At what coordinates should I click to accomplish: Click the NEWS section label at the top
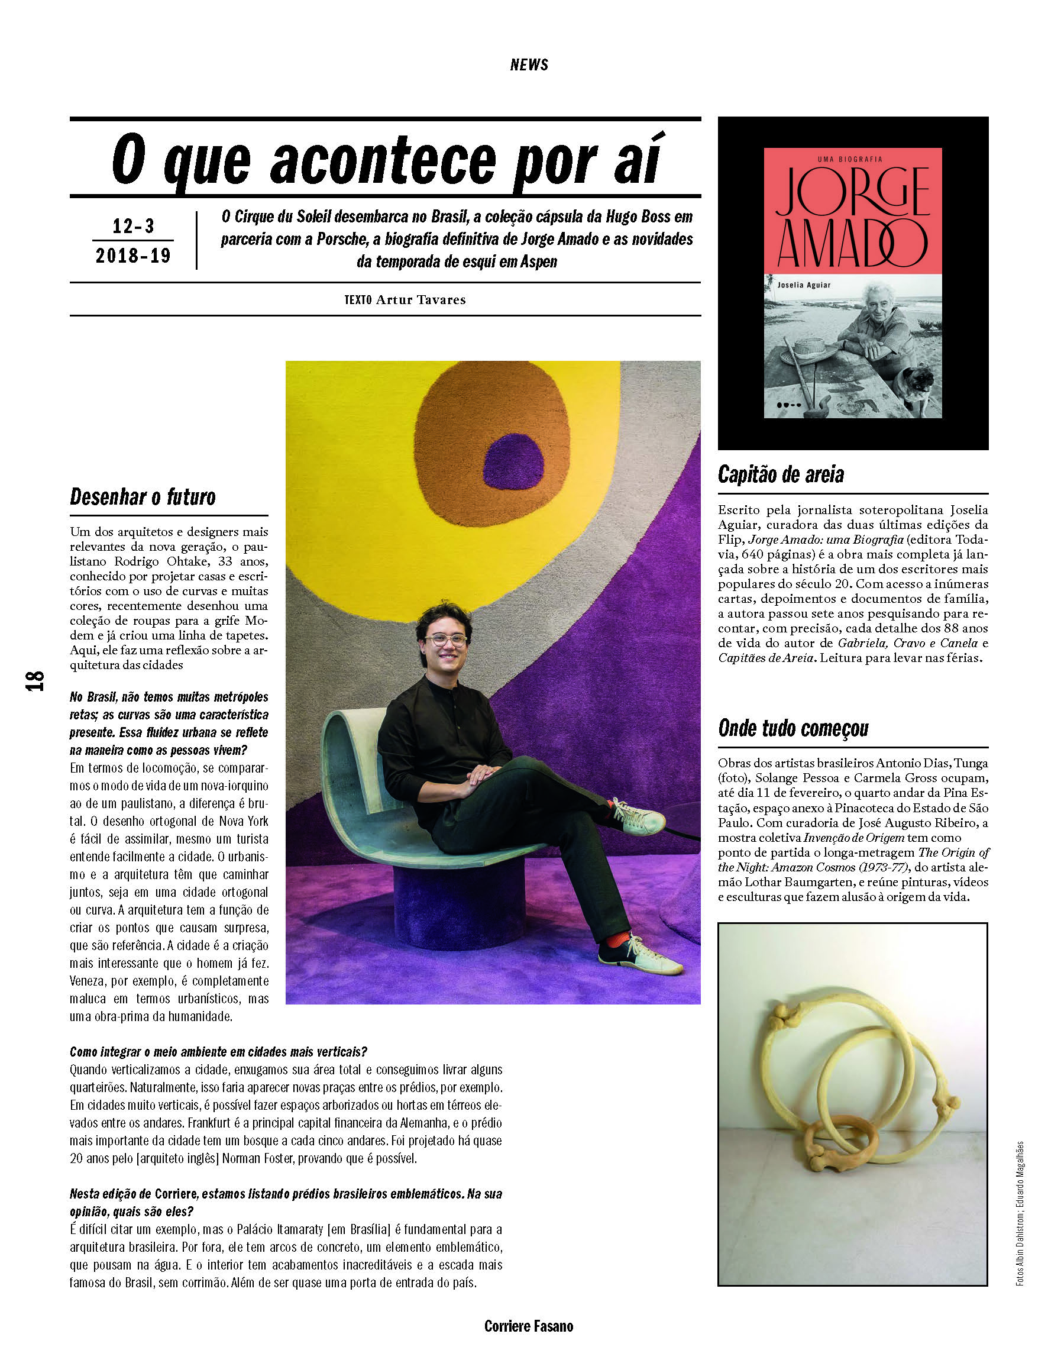(x=528, y=65)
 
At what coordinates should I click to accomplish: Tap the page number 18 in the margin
(x=35, y=680)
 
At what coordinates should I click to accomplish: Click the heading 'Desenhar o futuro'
(x=143, y=497)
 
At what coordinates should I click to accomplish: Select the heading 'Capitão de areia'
(x=781, y=474)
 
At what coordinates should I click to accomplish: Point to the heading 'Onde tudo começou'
(x=793, y=728)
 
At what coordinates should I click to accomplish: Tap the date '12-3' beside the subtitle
(x=133, y=226)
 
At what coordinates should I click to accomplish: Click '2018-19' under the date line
(x=133, y=255)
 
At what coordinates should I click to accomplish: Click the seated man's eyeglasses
(x=445, y=640)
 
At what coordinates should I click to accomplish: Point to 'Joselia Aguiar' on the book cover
(x=804, y=285)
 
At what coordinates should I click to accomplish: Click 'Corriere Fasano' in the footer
(x=528, y=1326)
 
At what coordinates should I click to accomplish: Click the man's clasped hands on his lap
(x=481, y=776)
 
